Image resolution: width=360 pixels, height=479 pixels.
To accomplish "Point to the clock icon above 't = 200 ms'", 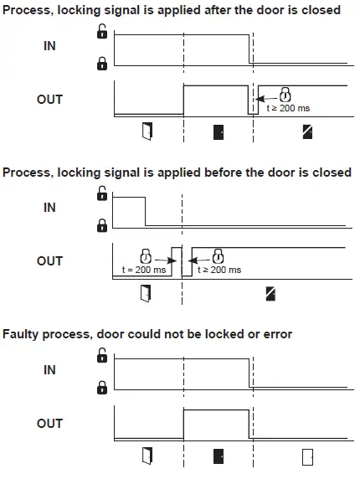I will point(146,255).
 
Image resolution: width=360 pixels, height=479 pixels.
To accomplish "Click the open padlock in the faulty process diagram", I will point(102,355).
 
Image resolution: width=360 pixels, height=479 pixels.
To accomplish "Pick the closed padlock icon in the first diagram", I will point(102,63).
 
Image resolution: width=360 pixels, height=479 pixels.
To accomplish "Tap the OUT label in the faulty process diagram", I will point(49,424).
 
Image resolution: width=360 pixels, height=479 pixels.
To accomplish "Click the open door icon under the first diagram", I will point(147,130).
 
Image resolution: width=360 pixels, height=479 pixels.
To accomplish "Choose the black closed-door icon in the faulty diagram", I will point(219,456).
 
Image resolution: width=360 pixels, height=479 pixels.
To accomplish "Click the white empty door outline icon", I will point(307,456).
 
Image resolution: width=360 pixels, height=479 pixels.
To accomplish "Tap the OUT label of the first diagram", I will point(49,99).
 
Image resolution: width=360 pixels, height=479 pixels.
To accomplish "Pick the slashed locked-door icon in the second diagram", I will point(270,293).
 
